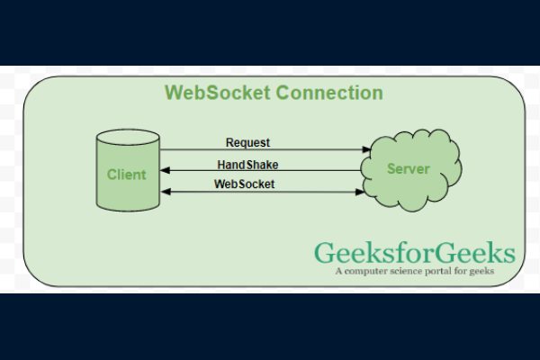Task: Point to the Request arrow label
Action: pyautogui.click(x=247, y=142)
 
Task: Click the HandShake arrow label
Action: pyautogui.click(x=247, y=164)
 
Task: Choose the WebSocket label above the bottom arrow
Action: pyautogui.click(x=244, y=184)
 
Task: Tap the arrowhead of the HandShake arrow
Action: pyautogui.click(x=166, y=171)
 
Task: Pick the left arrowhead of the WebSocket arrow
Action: pyautogui.click(x=166, y=191)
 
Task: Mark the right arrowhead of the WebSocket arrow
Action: pyautogui.click(x=367, y=191)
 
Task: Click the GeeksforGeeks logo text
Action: pyautogui.click(x=414, y=252)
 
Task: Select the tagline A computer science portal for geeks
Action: pyautogui.click(x=415, y=270)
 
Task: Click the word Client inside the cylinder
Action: pyautogui.click(x=126, y=175)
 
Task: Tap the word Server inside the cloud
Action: pyautogui.click(x=408, y=168)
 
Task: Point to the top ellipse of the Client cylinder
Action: pyautogui.click(x=128, y=137)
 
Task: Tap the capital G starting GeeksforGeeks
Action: pyautogui.click(x=321, y=252)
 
